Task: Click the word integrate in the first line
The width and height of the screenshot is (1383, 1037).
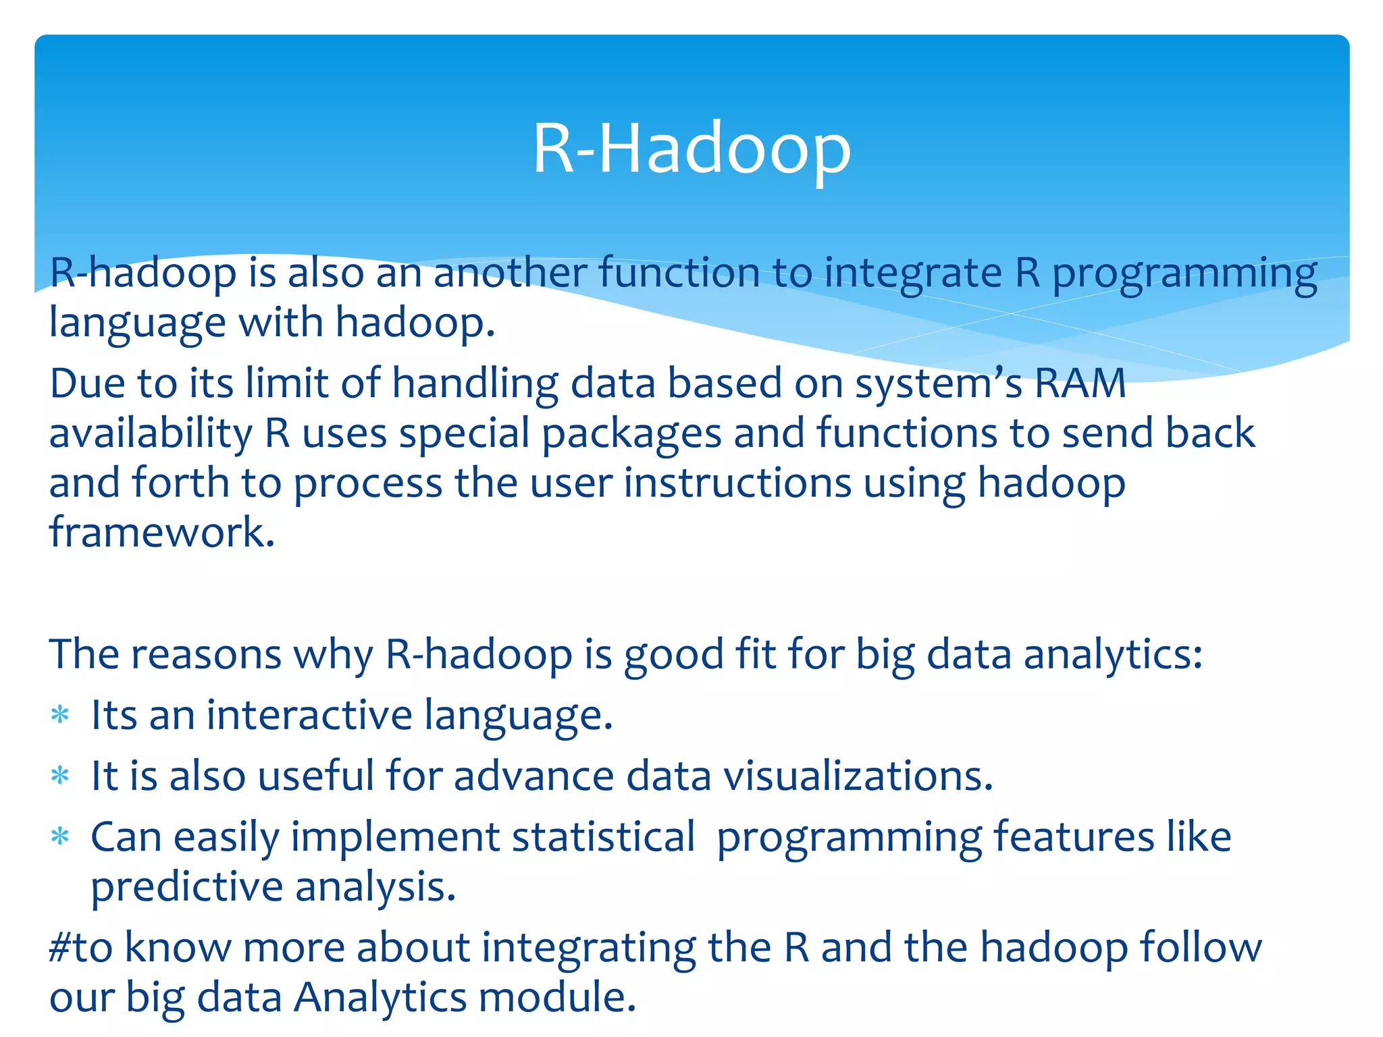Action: point(913,273)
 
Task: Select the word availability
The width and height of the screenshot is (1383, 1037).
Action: point(151,433)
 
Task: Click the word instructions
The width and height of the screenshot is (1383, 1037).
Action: point(737,483)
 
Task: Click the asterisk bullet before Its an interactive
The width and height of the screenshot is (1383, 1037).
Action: point(61,715)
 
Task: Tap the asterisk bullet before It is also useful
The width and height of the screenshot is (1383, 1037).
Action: point(61,776)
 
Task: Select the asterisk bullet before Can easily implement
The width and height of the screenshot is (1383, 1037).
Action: point(61,837)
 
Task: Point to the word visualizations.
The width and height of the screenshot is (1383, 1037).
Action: point(858,776)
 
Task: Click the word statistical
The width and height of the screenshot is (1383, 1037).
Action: point(603,837)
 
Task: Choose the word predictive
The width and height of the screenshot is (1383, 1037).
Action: point(186,887)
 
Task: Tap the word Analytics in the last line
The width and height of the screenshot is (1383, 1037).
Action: point(380,997)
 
